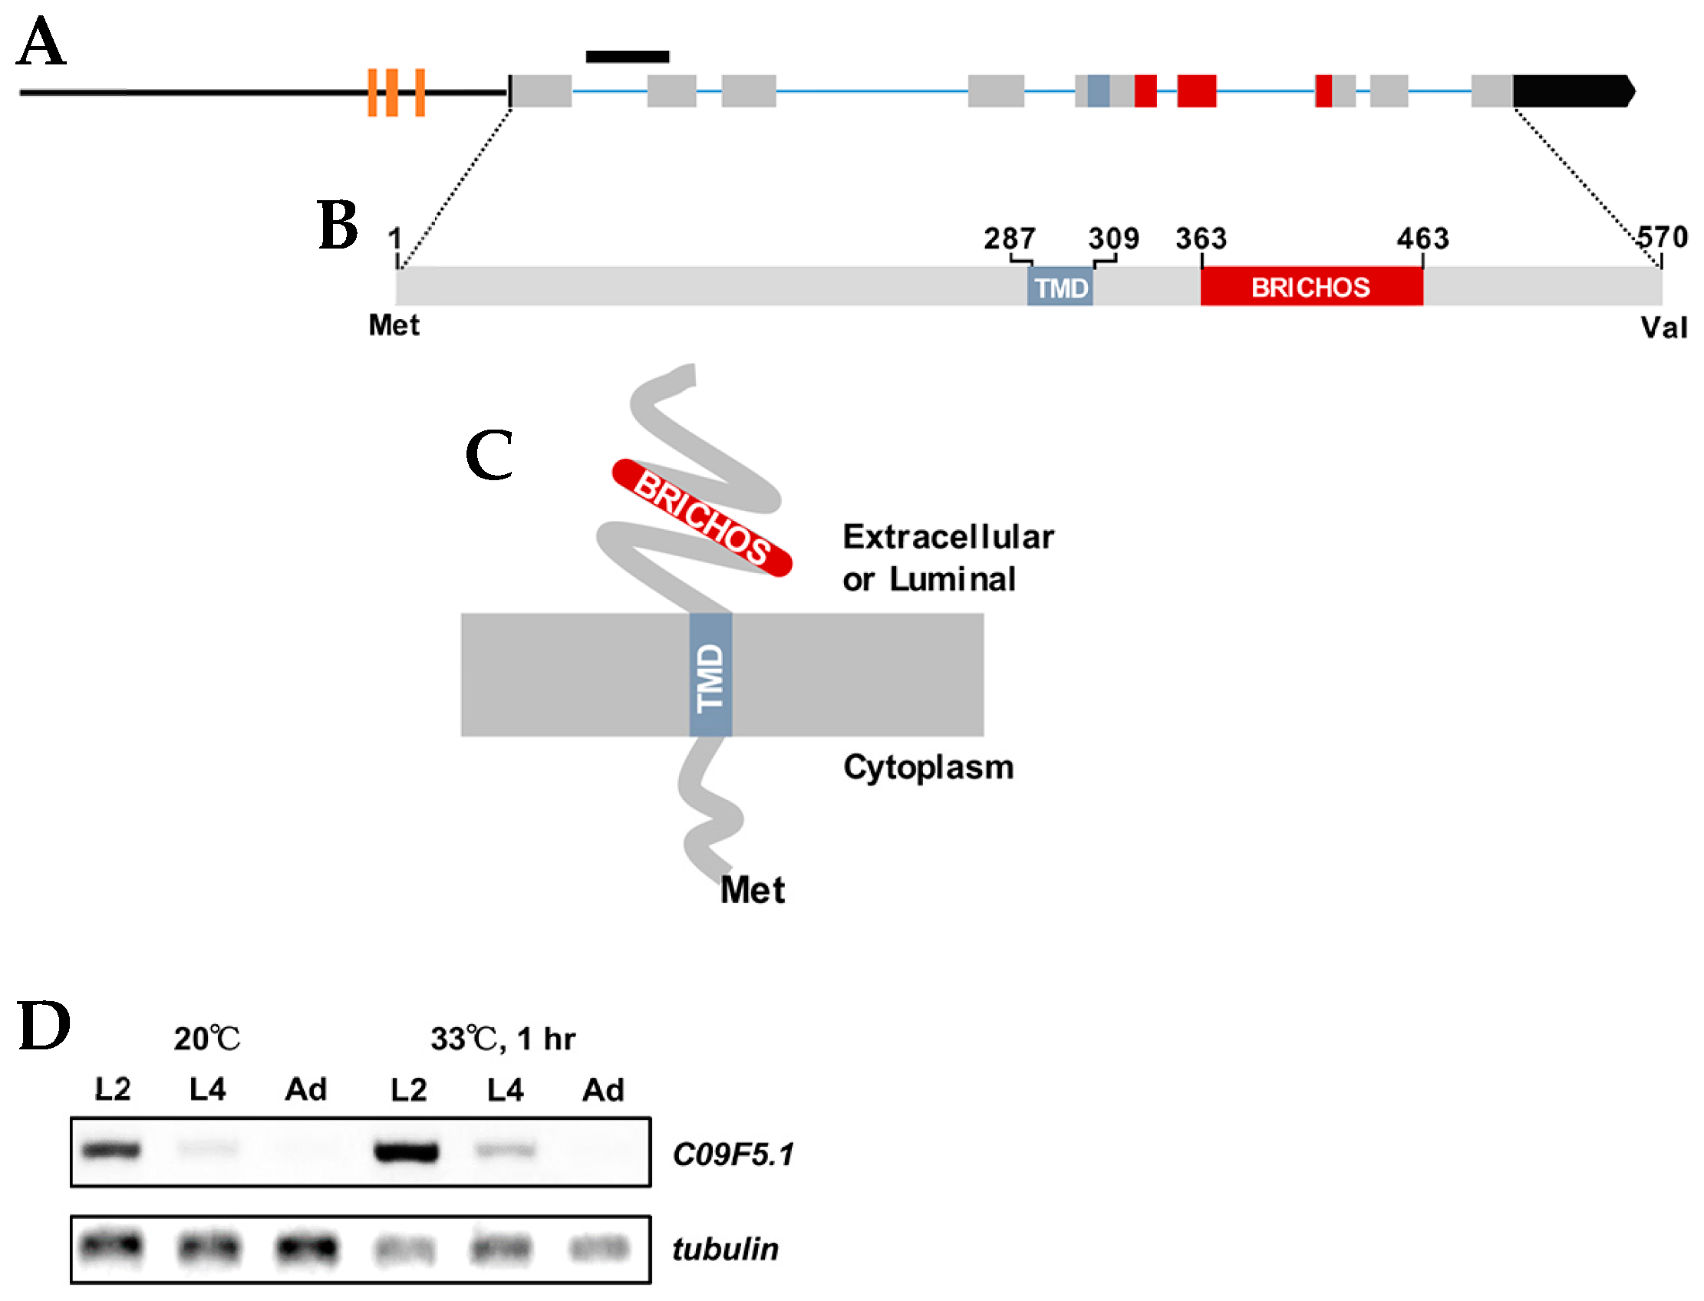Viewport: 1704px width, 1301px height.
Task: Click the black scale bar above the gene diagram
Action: point(627,57)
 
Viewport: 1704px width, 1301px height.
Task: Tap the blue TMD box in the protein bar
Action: point(1059,288)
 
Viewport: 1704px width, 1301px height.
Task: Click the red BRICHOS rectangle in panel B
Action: point(1310,288)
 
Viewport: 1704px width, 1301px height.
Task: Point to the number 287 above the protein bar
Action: point(1008,239)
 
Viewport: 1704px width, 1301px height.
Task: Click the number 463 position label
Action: point(1422,239)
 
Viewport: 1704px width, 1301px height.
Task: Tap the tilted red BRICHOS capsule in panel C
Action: point(701,517)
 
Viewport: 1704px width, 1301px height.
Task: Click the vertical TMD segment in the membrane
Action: point(710,674)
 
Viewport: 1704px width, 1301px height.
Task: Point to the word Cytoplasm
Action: point(927,767)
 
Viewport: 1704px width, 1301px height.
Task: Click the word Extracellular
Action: point(948,537)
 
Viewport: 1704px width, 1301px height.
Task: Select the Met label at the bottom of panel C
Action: point(751,890)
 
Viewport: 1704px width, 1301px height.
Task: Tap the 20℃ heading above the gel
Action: point(206,1039)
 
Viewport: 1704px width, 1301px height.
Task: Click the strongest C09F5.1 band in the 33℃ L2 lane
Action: point(406,1151)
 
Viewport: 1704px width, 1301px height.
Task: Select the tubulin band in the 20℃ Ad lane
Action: point(307,1247)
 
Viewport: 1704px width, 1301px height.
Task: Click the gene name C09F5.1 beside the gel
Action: point(732,1154)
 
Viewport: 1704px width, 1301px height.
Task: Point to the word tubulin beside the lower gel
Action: point(724,1249)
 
